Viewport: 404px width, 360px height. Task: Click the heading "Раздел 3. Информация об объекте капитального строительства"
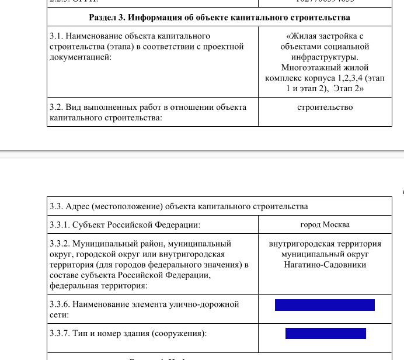point(219,17)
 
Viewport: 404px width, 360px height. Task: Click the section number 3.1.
point(57,36)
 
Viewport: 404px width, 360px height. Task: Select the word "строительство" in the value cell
point(325,107)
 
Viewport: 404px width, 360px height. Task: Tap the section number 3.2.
point(57,108)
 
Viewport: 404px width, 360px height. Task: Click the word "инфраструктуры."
point(325,57)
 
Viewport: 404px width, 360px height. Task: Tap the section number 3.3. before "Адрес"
point(57,206)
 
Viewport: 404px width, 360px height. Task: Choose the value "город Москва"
point(325,224)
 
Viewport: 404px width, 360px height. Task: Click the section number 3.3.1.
point(60,225)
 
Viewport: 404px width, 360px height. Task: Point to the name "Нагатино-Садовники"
point(325,265)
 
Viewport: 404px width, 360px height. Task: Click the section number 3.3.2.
point(60,244)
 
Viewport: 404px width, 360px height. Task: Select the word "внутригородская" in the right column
point(298,244)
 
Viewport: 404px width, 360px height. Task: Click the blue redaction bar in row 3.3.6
point(325,305)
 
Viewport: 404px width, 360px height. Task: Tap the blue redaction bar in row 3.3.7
point(325,334)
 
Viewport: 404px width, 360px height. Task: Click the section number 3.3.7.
point(60,334)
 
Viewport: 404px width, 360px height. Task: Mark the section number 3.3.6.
point(60,304)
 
